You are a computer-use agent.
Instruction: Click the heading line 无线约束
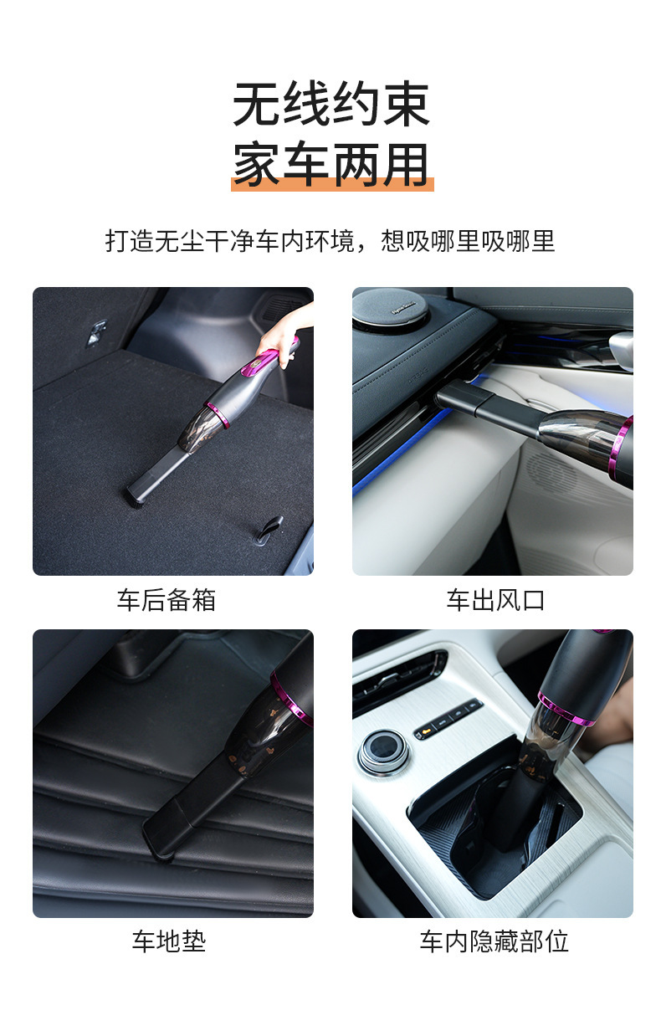click(331, 105)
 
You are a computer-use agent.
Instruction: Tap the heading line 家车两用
click(331, 164)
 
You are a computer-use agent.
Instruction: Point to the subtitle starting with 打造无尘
click(330, 241)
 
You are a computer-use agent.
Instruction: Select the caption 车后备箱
click(167, 600)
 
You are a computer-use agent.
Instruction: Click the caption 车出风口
click(495, 600)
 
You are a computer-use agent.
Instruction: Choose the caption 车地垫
click(168, 941)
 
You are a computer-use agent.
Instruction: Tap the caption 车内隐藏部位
click(494, 941)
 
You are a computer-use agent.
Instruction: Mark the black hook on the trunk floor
click(270, 528)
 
